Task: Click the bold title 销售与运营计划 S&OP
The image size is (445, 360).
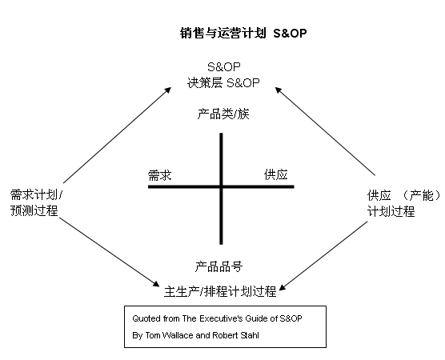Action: click(243, 33)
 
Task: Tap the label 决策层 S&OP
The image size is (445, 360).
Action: click(223, 83)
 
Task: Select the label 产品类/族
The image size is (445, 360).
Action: click(223, 114)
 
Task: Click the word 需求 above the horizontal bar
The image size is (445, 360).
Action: click(160, 175)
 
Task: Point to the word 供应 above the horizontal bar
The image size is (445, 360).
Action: click(276, 174)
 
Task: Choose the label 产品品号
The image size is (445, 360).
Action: click(218, 267)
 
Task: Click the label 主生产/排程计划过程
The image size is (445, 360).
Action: click(220, 291)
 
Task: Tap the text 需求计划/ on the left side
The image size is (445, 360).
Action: click(36, 195)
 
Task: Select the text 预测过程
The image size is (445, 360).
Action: click(34, 210)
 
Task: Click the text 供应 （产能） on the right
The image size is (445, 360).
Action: click(404, 195)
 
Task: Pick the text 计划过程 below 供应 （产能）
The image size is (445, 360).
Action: click(391, 211)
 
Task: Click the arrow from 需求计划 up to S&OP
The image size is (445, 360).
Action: click(117, 135)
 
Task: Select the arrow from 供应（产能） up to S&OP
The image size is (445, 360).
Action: click(325, 131)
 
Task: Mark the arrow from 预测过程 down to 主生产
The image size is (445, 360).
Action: click(110, 252)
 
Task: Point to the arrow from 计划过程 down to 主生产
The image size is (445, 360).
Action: click(323, 256)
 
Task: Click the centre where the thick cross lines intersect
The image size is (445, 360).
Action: click(221, 186)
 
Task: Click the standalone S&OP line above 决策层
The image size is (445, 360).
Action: click(224, 67)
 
